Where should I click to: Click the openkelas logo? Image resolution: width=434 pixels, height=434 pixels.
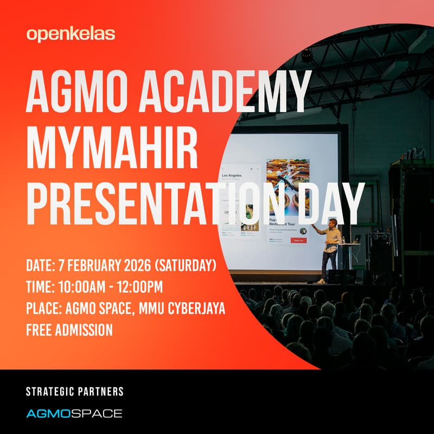(x=71, y=34)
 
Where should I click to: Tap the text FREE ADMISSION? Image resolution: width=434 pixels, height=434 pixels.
(x=69, y=329)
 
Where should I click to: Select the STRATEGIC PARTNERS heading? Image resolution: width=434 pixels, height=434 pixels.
(x=75, y=391)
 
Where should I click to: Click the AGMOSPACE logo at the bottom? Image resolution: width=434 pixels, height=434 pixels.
(x=74, y=413)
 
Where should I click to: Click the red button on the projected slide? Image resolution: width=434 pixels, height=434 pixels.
(x=298, y=240)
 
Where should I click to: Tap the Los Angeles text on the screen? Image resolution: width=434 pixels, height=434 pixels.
(x=232, y=176)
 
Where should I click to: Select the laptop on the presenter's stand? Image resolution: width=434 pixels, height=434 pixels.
(x=356, y=239)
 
